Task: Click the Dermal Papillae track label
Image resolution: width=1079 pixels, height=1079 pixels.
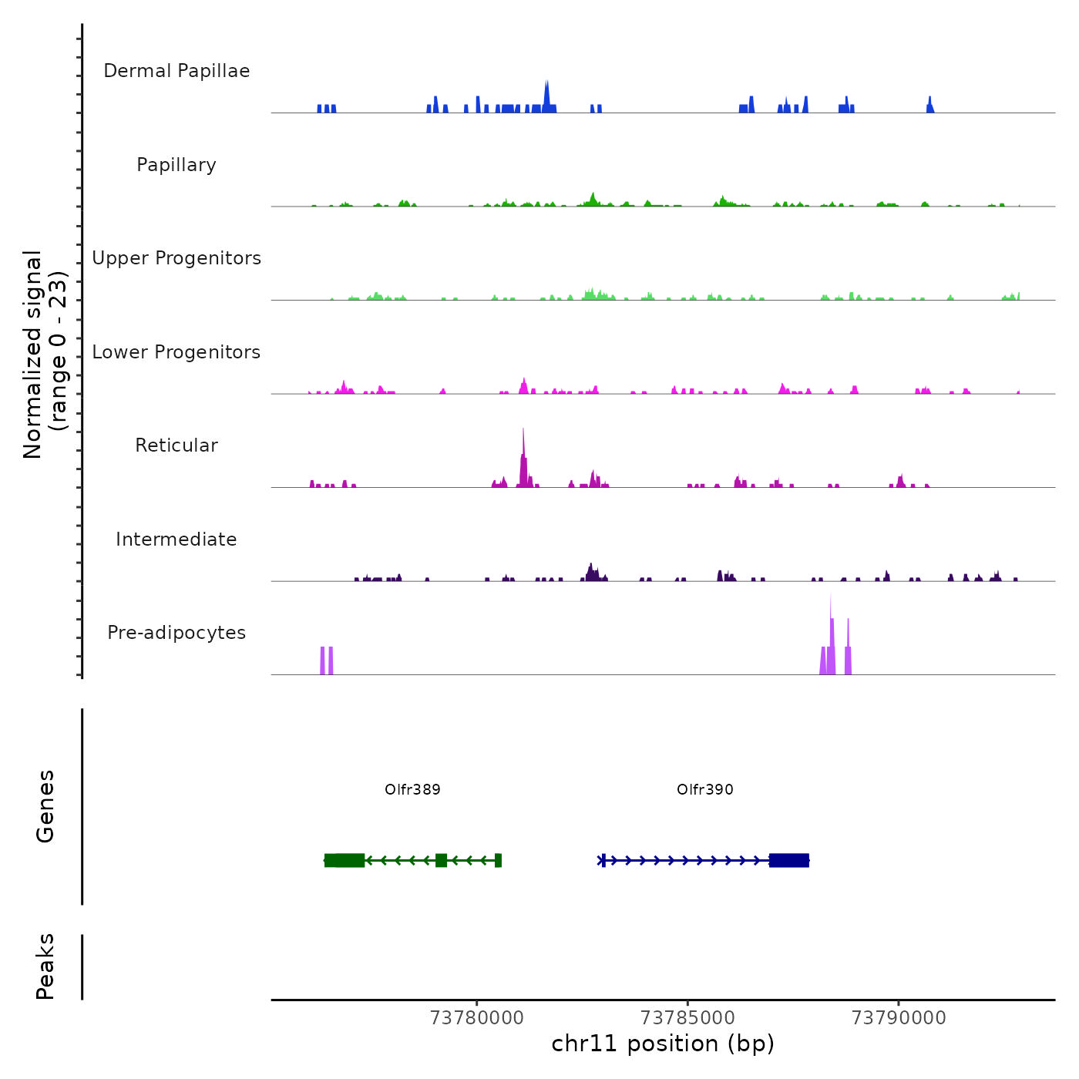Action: pyautogui.click(x=176, y=71)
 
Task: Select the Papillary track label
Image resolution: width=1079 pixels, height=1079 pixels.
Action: pyautogui.click(x=176, y=165)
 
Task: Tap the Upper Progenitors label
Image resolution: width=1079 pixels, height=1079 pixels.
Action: pyautogui.click(x=176, y=258)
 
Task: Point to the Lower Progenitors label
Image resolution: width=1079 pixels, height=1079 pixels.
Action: pyautogui.click(x=176, y=352)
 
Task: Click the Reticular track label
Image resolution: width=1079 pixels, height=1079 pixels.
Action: pyautogui.click(x=176, y=445)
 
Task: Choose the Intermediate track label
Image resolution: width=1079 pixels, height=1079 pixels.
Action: pyautogui.click(x=176, y=539)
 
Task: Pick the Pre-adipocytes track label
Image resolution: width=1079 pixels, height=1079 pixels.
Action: pyautogui.click(x=176, y=633)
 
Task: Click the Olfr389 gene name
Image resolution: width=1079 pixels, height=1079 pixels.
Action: pyautogui.click(x=412, y=790)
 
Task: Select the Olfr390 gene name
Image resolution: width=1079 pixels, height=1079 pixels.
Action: pyautogui.click(x=705, y=790)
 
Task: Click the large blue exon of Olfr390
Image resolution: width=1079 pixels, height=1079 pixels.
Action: pyautogui.click(x=789, y=860)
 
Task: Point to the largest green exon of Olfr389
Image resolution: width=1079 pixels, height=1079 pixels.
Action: pyautogui.click(x=345, y=860)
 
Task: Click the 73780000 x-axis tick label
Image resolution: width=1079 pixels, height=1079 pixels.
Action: pyautogui.click(x=477, y=1018)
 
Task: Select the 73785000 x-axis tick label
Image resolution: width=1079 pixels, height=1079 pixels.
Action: pyautogui.click(x=687, y=1018)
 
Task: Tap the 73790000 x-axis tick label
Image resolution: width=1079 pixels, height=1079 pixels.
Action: pyautogui.click(x=899, y=1018)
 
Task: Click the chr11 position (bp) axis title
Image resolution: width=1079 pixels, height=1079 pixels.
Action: pyautogui.click(x=663, y=1044)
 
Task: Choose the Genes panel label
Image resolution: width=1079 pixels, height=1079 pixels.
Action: pyautogui.click(x=45, y=806)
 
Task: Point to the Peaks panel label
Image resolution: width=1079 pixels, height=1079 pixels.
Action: pyautogui.click(x=45, y=966)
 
